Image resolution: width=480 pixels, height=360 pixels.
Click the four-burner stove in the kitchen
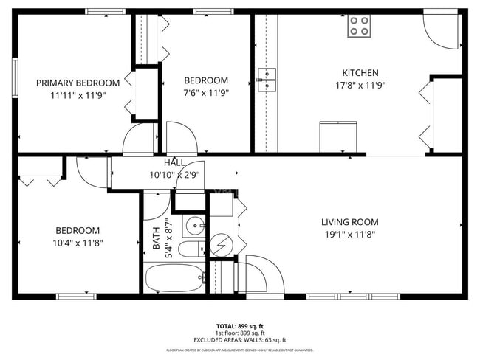click(360, 27)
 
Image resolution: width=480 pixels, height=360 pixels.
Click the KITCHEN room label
click(360, 73)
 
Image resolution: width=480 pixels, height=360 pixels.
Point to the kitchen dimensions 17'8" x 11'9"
click(360, 85)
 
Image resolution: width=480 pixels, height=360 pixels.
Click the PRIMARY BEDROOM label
click(78, 83)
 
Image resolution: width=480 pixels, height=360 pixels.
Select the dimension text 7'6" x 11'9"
click(206, 93)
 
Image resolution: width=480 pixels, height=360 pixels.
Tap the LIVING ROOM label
click(349, 222)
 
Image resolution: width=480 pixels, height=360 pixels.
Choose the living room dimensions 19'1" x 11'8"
click(349, 234)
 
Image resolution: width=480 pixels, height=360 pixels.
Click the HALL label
click(174, 163)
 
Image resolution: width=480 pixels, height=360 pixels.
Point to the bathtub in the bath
click(175, 279)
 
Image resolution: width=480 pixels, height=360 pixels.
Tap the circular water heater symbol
click(222, 245)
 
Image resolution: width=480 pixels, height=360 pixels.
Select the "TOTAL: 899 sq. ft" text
click(239, 325)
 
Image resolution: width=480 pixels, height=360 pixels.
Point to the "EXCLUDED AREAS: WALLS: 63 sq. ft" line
click(239, 339)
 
